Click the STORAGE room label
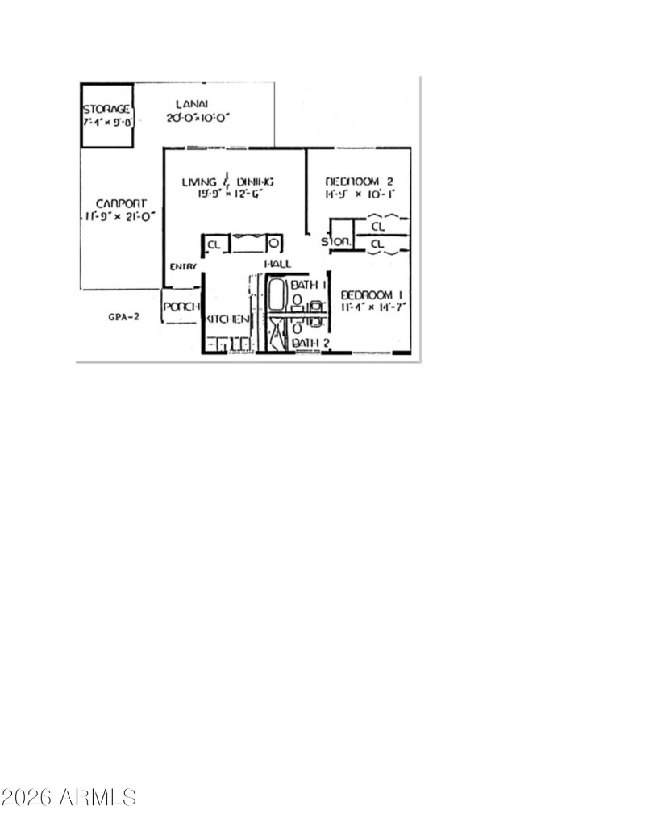click(x=106, y=109)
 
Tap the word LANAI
click(x=192, y=104)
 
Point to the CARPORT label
click(x=120, y=203)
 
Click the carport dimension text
click(x=120, y=216)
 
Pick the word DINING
click(x=255, y=182)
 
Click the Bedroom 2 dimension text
click(x=358, y=194)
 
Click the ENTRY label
click(x=182, y=268)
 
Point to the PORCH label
click(x=181, y=307)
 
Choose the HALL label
click(x=277, y=264)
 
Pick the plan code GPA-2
click(x=123, y=317)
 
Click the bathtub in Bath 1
click(x=276, y=295)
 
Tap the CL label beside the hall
click(x=214, y=244)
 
